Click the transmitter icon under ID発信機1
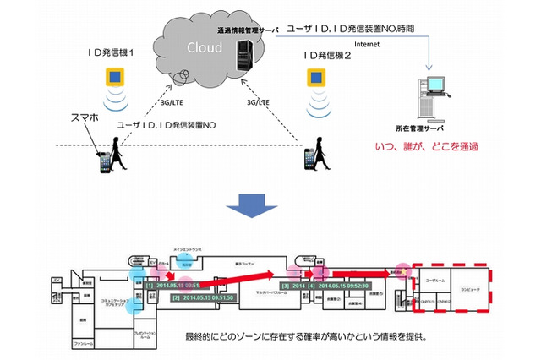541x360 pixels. (x=114, y=79)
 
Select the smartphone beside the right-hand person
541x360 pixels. (x=309, y=159)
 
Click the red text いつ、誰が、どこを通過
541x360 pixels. (x=428, y=147)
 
